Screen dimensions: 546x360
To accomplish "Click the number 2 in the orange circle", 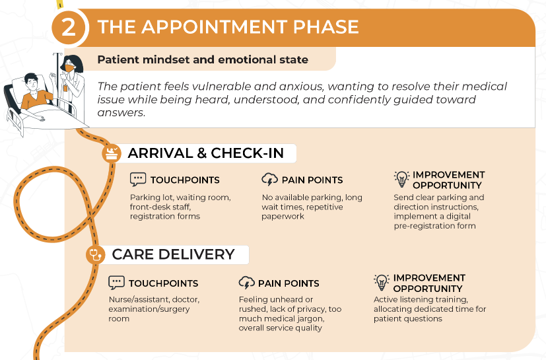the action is tap(68, 28).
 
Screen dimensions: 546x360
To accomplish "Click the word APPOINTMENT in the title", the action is tap(215, 27).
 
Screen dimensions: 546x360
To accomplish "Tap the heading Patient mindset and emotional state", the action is tap(203, 59).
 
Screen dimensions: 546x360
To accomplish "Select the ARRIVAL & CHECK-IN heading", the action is tap(206, 153).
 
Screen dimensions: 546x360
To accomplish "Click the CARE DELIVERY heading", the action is tap(173, 254).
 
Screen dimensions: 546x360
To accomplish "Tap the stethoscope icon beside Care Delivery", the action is tap(96, 254).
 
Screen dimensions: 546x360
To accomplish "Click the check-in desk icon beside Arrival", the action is tap(112, 153).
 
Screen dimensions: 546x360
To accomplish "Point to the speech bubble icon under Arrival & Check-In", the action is tap(138, 180).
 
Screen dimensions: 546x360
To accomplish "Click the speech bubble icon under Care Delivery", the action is tap(116, 283).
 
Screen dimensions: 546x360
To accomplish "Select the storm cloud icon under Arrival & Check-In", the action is tap(269, 179).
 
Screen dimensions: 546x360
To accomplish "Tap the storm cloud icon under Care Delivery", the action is tap(246, 283).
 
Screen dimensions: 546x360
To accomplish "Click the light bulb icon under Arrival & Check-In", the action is tap(401, 179).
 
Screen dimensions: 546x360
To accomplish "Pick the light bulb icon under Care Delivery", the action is tap(382, 282).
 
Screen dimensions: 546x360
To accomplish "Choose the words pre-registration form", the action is tap(434, 226).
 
